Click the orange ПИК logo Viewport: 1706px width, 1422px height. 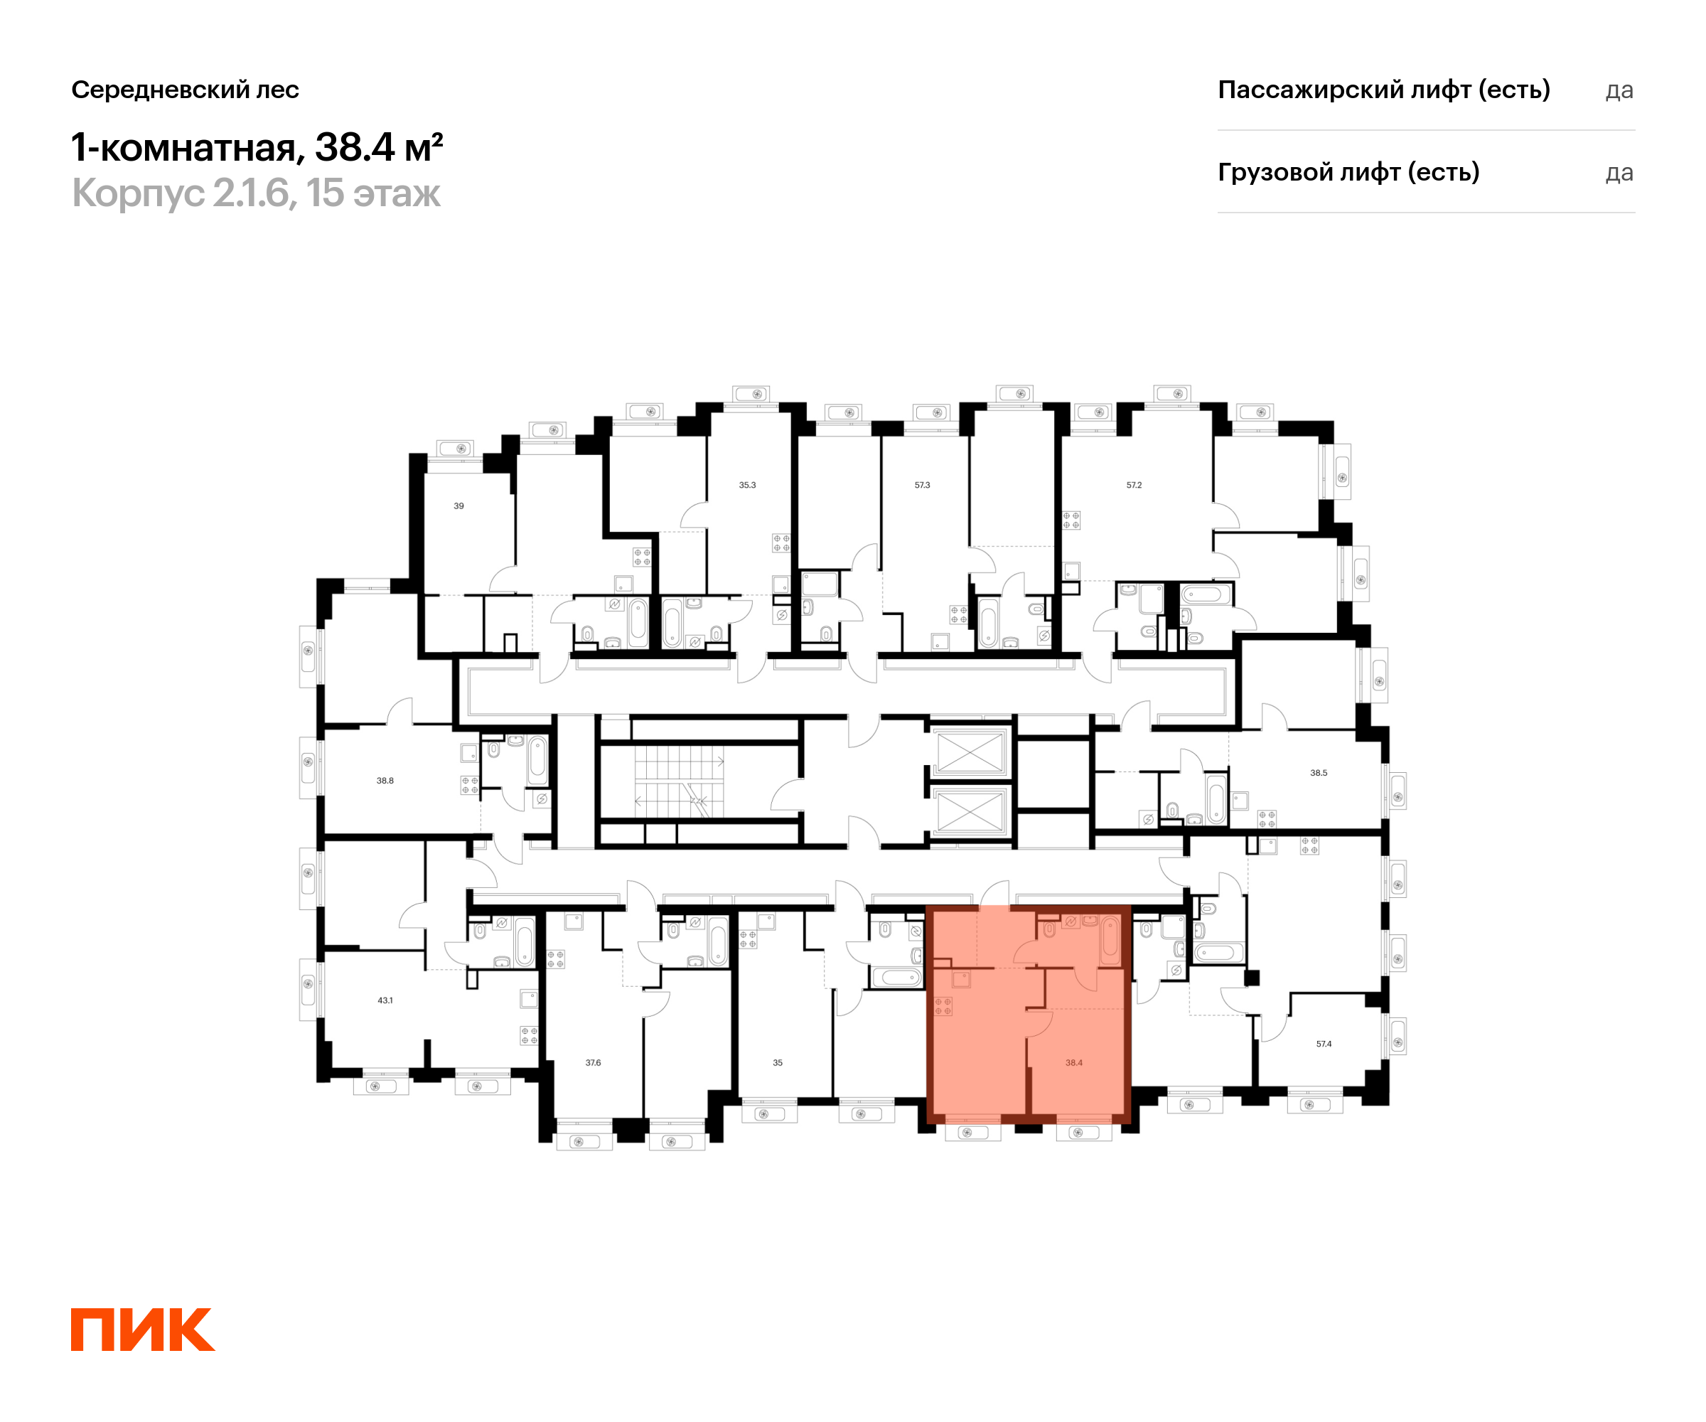point(143,1330)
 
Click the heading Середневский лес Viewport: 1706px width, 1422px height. point(186,90)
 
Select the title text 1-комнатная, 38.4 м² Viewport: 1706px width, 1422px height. point(257,147)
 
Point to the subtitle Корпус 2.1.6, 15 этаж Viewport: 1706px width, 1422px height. point(256,193)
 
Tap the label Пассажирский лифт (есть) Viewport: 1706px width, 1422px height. point(1383,90)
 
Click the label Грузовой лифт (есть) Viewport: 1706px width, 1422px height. point(1348,172)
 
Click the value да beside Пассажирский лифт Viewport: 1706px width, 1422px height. point(1619,90)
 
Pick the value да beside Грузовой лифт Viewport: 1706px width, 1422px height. point(1619,173)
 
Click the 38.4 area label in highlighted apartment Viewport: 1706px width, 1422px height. point(1074,1063)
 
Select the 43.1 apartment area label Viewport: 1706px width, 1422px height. point(385,1000)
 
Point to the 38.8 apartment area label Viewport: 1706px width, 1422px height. point(385,781)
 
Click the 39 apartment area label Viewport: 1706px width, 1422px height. point(459,506)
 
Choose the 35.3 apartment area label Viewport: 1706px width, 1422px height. point(747,485)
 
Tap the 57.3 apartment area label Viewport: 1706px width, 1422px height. point(922,485)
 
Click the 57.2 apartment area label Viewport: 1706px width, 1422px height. point(1134,485)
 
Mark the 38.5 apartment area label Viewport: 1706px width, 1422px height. point(1319,773)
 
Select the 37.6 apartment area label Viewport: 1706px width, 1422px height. point(593,1063)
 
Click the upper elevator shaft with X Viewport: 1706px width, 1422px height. point(970,752)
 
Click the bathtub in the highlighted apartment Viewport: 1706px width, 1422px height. point(1110,939)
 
